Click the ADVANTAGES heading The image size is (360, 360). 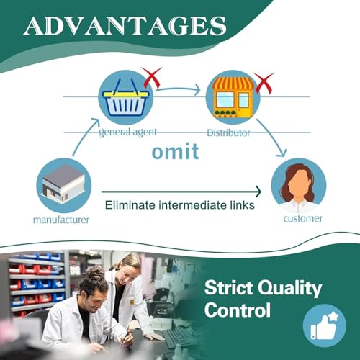tap(125, 26)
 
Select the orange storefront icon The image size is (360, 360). tap(233, 97)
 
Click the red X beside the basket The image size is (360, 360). tap(151, 77)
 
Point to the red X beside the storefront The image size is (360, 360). tap(264, 83)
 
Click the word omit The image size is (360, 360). tap(175, 151)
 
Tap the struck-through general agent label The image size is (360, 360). tap(127, 132)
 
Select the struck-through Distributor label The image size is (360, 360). tap(228, 132)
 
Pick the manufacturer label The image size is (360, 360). tap(61, 220)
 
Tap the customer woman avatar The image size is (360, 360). tap(299, 185)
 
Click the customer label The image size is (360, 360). tap(303, 219)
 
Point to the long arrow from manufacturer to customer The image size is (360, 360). tap(181, 192)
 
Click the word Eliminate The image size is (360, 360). tap(130, 205)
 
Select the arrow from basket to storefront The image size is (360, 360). tap(178, 89)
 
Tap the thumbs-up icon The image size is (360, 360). tap(325, 325)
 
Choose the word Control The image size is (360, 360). tap(238, 310)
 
